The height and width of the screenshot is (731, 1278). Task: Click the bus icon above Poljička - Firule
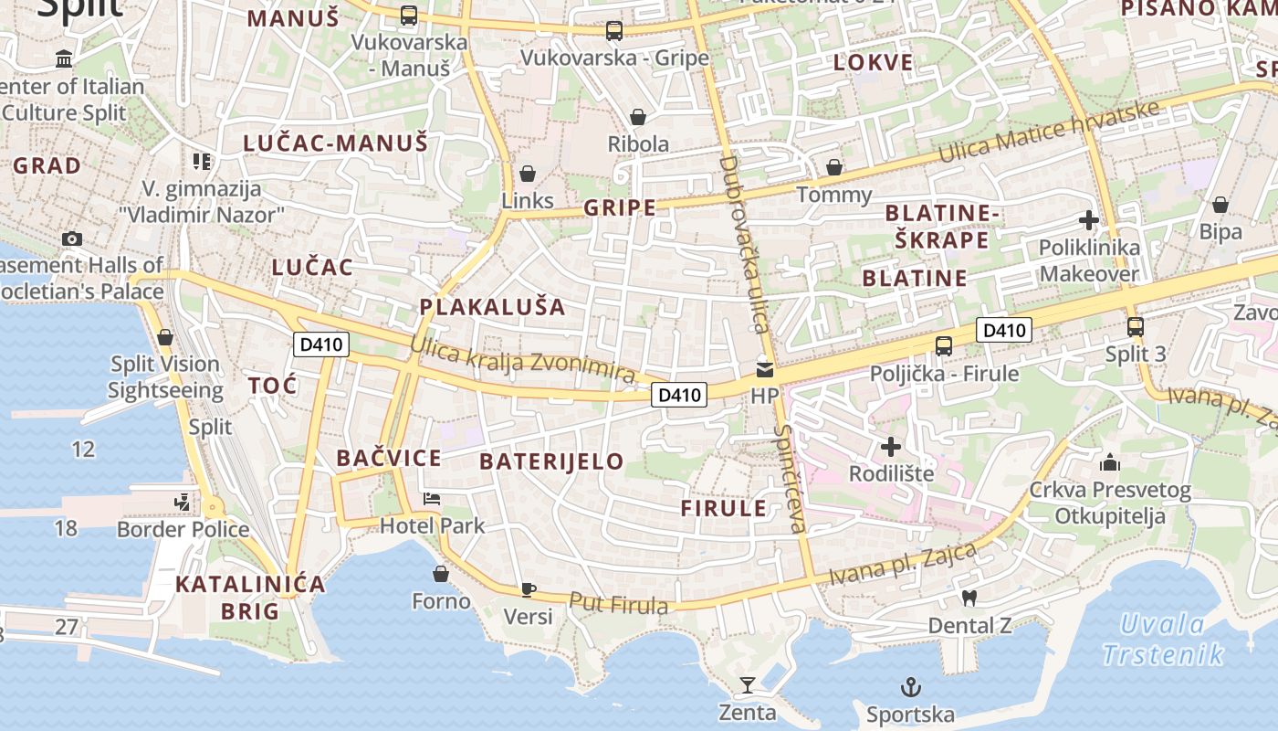pyautogui.click(x=944, y=346)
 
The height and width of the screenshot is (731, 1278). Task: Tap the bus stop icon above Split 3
pyautogui.click(x=1136, y=326)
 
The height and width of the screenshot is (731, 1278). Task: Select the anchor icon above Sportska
pyautogui.click(x=910, y=687)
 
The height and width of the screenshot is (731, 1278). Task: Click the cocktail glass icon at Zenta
pyautogui.click(x=748, y=684)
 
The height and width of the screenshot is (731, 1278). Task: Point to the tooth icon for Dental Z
pyautogui.click(x=969, y=599)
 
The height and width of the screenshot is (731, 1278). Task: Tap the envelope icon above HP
pyautogui.click(x=764, y=370)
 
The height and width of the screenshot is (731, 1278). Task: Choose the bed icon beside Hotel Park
pyautogui.click(x=432, y=500)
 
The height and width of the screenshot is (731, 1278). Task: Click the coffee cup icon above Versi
pyautogui.click(x=528, y=589)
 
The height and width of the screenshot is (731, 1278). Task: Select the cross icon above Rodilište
pyautogui.click(x=891, y=447)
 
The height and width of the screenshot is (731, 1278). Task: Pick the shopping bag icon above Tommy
pyautogui.click(x=833, y=167)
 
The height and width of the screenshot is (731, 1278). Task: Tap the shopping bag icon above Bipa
pyautogui.click(x=1220, y=205)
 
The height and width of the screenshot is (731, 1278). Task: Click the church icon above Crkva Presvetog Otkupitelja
pyautogui.click(x=1110, y=462)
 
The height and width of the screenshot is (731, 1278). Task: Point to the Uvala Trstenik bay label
pyautogui.click(x=1162, y=640)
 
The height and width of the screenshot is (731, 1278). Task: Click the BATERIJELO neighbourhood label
pyautogui.click(x=551, y=461)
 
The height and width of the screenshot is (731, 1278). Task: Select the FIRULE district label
pyautogui.click(x=724, y=509)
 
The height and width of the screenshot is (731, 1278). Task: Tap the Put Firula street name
pyautogui.click(x=619, y=603)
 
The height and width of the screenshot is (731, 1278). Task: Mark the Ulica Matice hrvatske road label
pyautogui.click(x=1050, y=133)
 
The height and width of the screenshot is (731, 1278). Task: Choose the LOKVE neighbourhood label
pyautogui.click(x=873, y=62)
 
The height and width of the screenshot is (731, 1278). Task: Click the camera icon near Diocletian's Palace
pyautogui.click(x=72, y=239)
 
